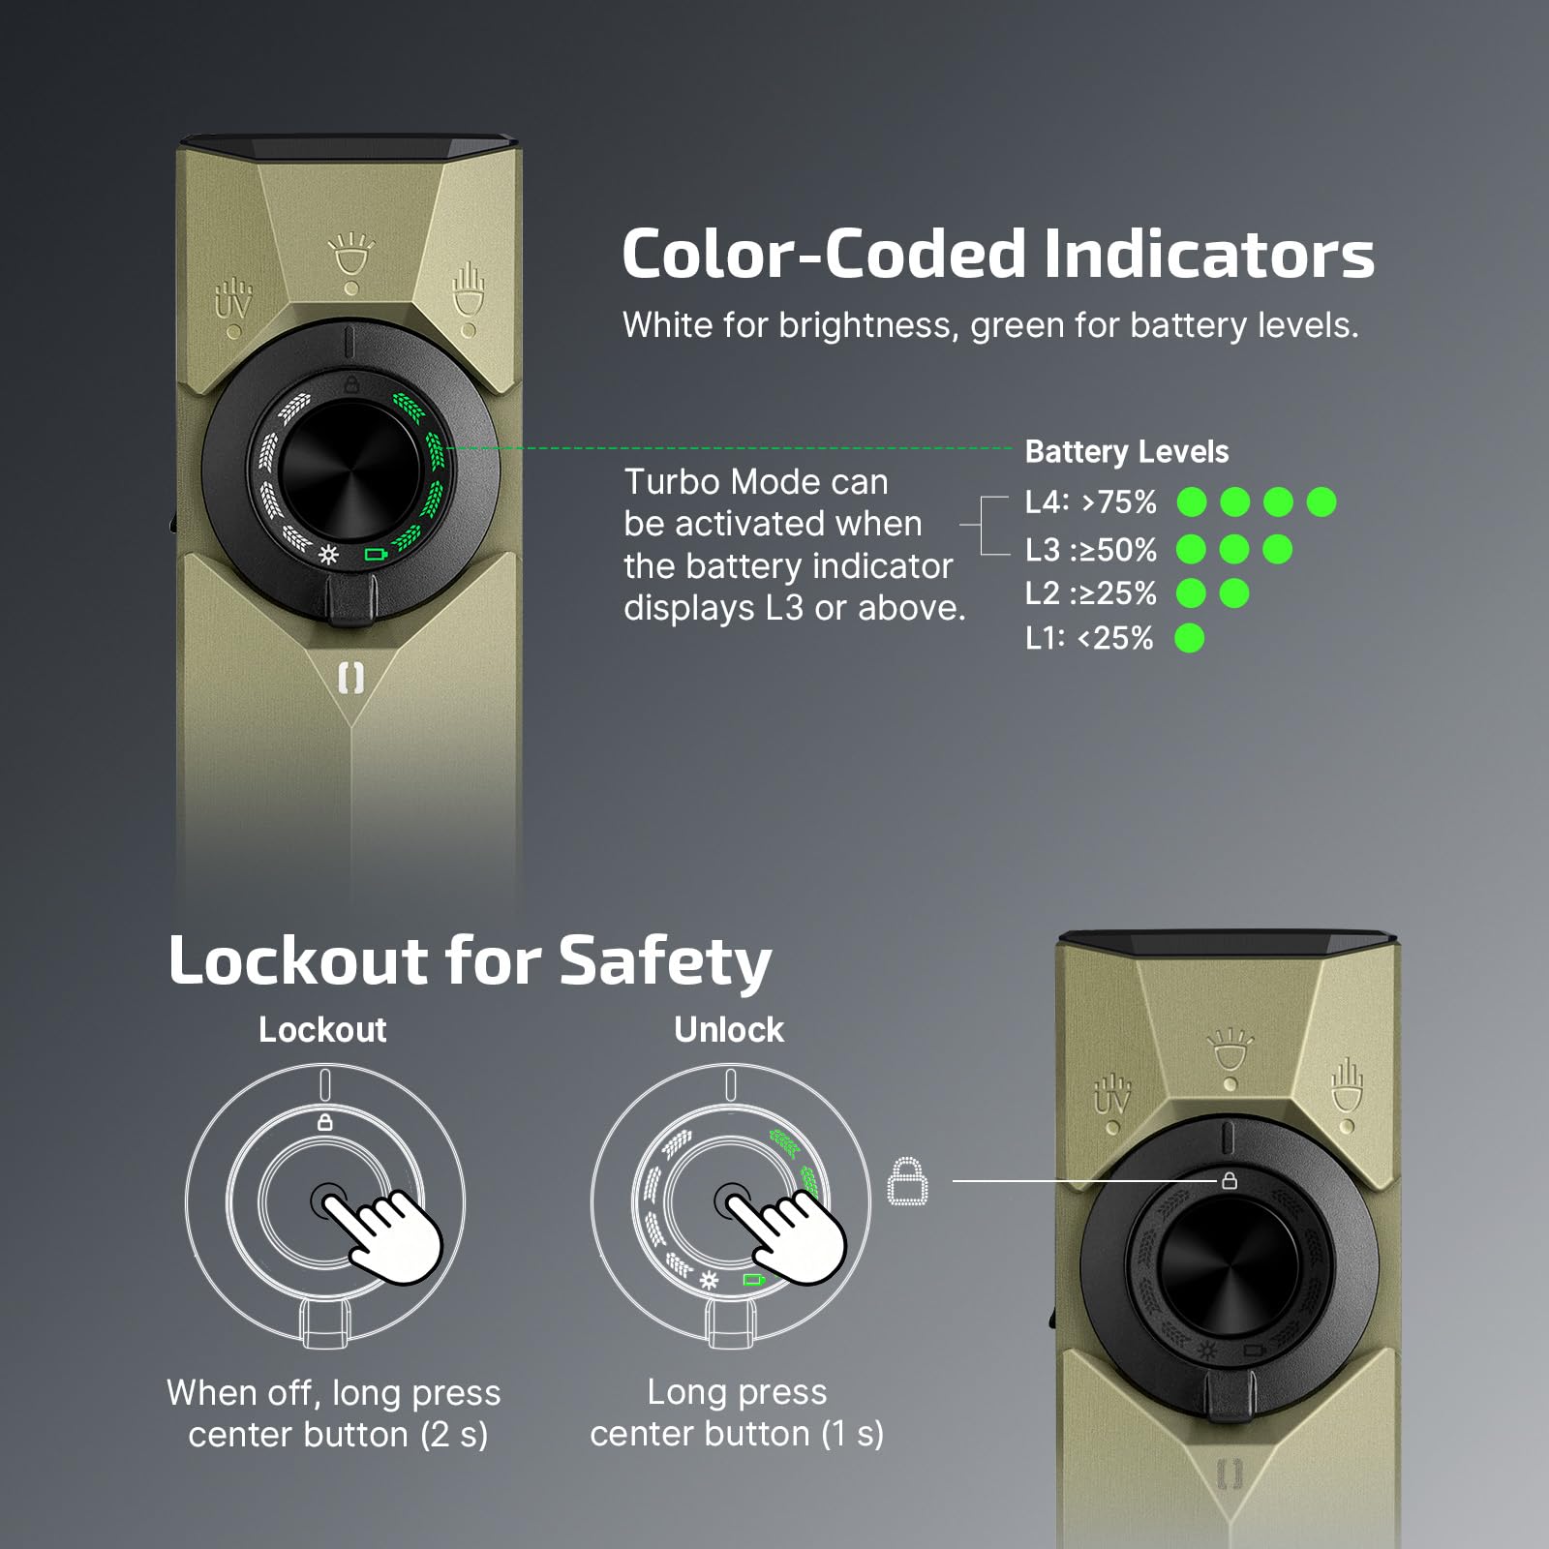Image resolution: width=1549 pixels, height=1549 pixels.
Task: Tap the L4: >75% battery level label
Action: pyautogui.click(x=1090, y=502)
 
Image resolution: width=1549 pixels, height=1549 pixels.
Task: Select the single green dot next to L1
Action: pyautogui.click(x=1189, y=639)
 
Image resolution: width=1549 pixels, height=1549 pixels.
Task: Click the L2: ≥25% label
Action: pyautogui.click(x=1090, y=593)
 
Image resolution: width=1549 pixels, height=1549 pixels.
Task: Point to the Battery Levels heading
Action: pyautogui.click(x=1126, y=452)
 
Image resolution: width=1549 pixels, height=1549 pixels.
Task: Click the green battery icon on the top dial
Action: pyautogui.click(x=375, y=555)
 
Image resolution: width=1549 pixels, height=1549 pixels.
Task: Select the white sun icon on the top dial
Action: pyautogui.click(x=329, y=555)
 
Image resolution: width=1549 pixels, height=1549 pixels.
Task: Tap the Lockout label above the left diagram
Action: pyautogui.click(x=322, y=1030)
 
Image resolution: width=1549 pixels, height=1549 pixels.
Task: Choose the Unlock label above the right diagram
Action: pyautogui.click(x=729, y=1030)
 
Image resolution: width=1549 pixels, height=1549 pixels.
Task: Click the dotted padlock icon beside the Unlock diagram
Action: pyautogui.click(x=907, y=1182)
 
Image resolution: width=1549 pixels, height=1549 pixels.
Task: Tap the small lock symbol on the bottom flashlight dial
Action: pyautogui.click(x=1229, y=1181)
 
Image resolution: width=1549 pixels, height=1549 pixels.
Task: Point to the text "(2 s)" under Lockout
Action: pyautogui.click(x=454, y=1434)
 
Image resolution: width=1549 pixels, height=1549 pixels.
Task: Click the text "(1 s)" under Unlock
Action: pyautogui.click(x=852, y=1434)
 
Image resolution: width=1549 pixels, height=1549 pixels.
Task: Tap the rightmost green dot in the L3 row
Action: pyautogui.click(x=1277, y=550)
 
